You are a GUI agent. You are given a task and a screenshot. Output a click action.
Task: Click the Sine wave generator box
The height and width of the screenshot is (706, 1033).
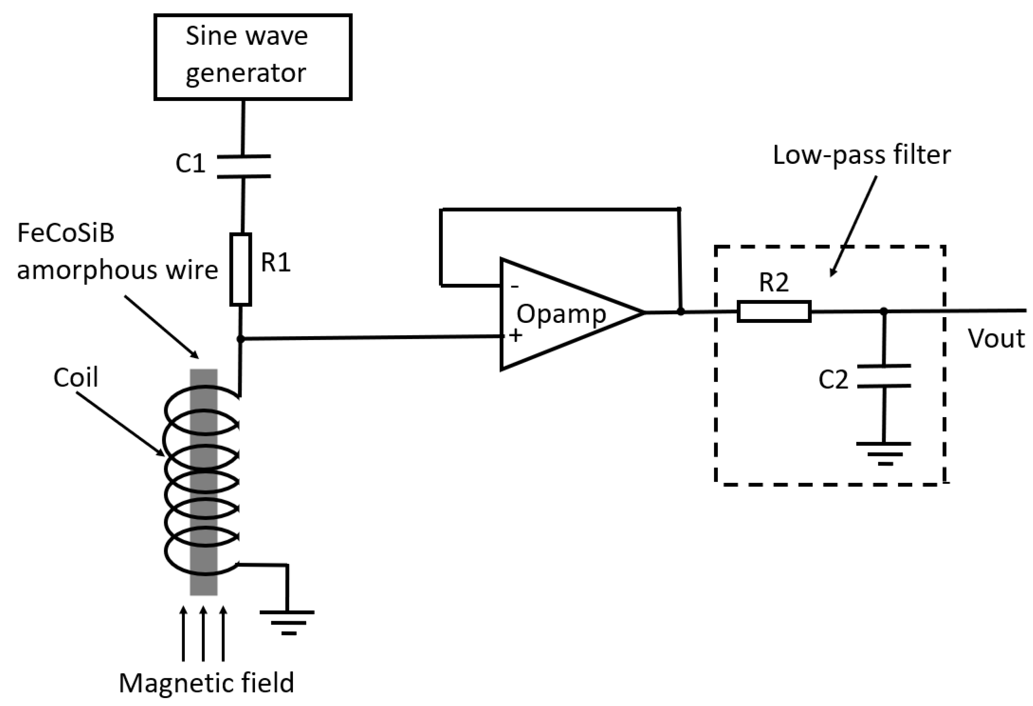pos(253,57)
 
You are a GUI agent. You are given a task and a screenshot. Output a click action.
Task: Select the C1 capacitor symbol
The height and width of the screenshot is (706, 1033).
pos(243,166)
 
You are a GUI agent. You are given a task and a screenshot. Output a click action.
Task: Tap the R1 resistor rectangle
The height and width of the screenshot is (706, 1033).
pos(241,269)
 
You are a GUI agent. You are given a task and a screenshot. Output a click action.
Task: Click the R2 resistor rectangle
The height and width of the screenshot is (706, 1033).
pos(774,311)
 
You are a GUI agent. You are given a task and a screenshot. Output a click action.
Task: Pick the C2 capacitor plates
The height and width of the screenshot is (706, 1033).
pos(884,376)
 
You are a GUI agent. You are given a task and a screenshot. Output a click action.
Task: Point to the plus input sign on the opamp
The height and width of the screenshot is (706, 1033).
pos(516,335)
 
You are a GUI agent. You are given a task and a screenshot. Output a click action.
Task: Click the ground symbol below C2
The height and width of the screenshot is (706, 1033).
pos(884,453)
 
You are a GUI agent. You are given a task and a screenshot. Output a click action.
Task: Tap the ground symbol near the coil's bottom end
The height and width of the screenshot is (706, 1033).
pos(288,621)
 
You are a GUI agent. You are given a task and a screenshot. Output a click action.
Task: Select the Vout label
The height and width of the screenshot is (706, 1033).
pos(996,339)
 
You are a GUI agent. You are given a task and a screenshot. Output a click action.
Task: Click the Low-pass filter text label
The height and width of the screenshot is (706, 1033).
pos(862,155)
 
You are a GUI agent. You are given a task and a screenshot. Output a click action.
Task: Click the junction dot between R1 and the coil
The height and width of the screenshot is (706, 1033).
pos(241,339)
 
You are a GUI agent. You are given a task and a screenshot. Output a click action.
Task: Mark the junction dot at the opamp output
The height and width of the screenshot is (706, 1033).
pos(681,312)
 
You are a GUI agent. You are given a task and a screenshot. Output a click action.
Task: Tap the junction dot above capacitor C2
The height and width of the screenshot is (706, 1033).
pos(884,311)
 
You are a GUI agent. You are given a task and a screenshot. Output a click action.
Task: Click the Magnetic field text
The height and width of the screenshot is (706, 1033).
pos(207,683)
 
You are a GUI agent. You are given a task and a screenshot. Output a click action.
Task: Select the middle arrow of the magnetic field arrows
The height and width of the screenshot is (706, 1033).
pos(203,634)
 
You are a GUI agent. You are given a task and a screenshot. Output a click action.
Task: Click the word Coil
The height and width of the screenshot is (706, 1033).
pos(75,377)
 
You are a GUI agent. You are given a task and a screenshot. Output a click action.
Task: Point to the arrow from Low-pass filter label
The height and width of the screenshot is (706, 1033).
pos(854,226)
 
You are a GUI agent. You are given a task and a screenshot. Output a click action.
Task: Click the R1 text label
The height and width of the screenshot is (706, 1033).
pos(275,262)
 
